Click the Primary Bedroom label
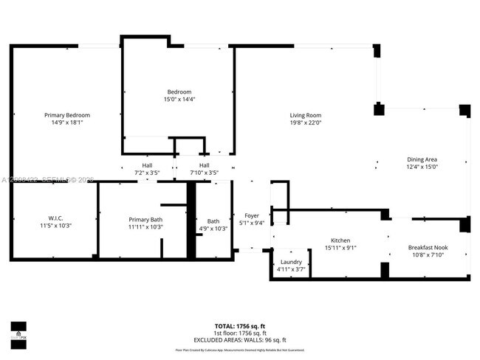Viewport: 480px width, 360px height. point(66,115)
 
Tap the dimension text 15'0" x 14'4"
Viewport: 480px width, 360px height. point(179,100)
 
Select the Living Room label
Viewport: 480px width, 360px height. point(305,115)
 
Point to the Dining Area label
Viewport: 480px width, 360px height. point(422,159)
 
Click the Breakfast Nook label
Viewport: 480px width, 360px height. point(428,248)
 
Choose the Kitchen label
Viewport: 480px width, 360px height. point(340,240)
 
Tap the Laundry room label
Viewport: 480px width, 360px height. point(291,262)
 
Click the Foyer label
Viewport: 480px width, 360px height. point(252,215)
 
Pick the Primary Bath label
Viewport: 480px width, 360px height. point(144,220)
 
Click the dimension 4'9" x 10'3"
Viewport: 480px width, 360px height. point(213,229)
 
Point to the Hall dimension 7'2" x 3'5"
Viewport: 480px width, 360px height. point(147,173)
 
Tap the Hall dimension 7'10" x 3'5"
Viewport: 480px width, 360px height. point(204,173)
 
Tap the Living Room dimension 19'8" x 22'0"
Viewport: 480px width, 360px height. point(305,122)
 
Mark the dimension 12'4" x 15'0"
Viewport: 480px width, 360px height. point(422,167)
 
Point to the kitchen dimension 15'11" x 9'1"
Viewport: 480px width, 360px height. point(340,248)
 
